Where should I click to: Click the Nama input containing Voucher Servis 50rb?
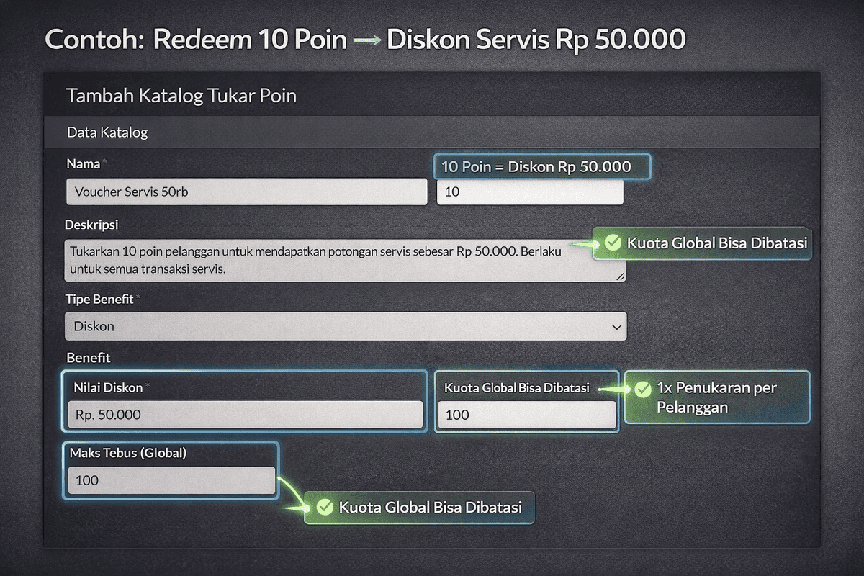coord(246,192)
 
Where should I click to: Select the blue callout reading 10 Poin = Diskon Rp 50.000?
coord(541,167)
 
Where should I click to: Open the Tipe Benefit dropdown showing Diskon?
coord(345,326)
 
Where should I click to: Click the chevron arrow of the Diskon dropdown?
coord(616,327)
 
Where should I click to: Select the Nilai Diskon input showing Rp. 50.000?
coord(245,415)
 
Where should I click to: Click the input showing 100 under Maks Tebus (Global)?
coord(171,480)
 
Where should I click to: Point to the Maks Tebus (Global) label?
coord(128,453)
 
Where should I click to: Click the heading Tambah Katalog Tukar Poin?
coord(181,96)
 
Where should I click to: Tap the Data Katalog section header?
coord(107,132)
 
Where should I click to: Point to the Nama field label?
coord(84,163)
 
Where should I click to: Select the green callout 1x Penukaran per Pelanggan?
coord(716,397)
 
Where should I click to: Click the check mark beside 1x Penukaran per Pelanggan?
coord(642,389)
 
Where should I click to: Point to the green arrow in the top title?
coord(367,40)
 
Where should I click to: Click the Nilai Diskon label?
coord(108,388)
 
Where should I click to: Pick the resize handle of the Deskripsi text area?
coord(621,276)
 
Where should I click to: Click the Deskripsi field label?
coord(91,225)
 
